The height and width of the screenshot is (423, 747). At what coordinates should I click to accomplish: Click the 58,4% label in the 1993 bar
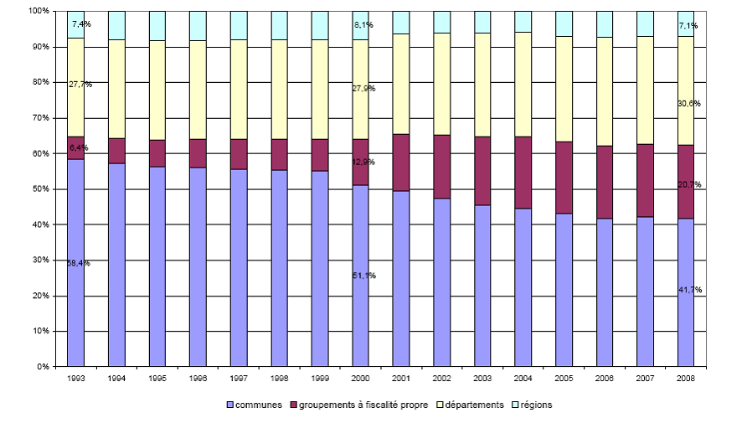pos(79,263)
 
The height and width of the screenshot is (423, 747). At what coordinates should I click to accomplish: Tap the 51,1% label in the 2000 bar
pos(364,276)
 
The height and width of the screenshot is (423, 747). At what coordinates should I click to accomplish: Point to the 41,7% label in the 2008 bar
pos(690,290)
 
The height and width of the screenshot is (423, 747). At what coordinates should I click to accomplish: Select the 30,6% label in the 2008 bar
pos(690,104)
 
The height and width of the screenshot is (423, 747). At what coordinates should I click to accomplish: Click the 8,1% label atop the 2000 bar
pos(363,26)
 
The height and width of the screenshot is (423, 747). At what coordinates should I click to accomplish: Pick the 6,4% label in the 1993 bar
pos(79,148)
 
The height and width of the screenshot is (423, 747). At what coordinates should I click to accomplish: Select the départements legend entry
pos(470,405)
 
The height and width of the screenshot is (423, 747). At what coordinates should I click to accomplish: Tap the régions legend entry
pos(535,405)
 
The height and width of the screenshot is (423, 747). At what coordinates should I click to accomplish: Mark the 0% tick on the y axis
pos(39,367)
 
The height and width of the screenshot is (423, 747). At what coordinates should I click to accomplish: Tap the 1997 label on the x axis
pos(239,379)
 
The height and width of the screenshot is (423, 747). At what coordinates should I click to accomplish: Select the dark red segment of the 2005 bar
pos(564,178)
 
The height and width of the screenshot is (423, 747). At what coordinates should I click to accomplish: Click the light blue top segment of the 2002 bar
pos(441,22)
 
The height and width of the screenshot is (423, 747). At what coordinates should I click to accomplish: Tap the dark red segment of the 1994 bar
pos(116,151)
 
